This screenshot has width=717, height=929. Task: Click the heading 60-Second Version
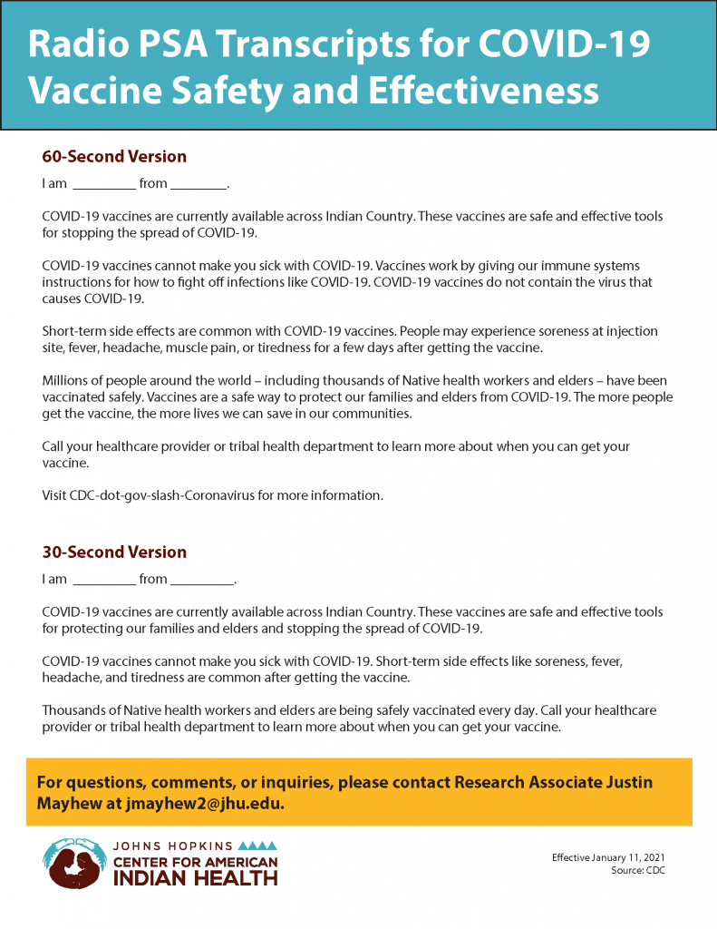pyautogui.click(x=114, y=157)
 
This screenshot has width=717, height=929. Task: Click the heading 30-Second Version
pyautogui.click(x=114, y=553)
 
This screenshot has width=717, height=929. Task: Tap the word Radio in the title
pyautogui.click(x=80, y=44)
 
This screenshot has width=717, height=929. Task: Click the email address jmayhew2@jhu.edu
pyautogui.click(x=206, y=804)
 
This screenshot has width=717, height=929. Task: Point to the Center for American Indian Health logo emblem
pyautogui.click(x=74, y=863)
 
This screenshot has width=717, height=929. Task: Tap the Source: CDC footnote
pyautogui.click(x=637, y=870)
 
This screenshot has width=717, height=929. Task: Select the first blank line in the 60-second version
pyautogui.click(x=103, y=185)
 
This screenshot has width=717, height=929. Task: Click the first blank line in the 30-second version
pyautogui.click(x=103, y=581)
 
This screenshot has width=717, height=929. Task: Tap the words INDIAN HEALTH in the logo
pyautogui.click(x=195, y=877)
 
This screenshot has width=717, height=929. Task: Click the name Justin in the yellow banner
pyautogui.click(x=628, y=782)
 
